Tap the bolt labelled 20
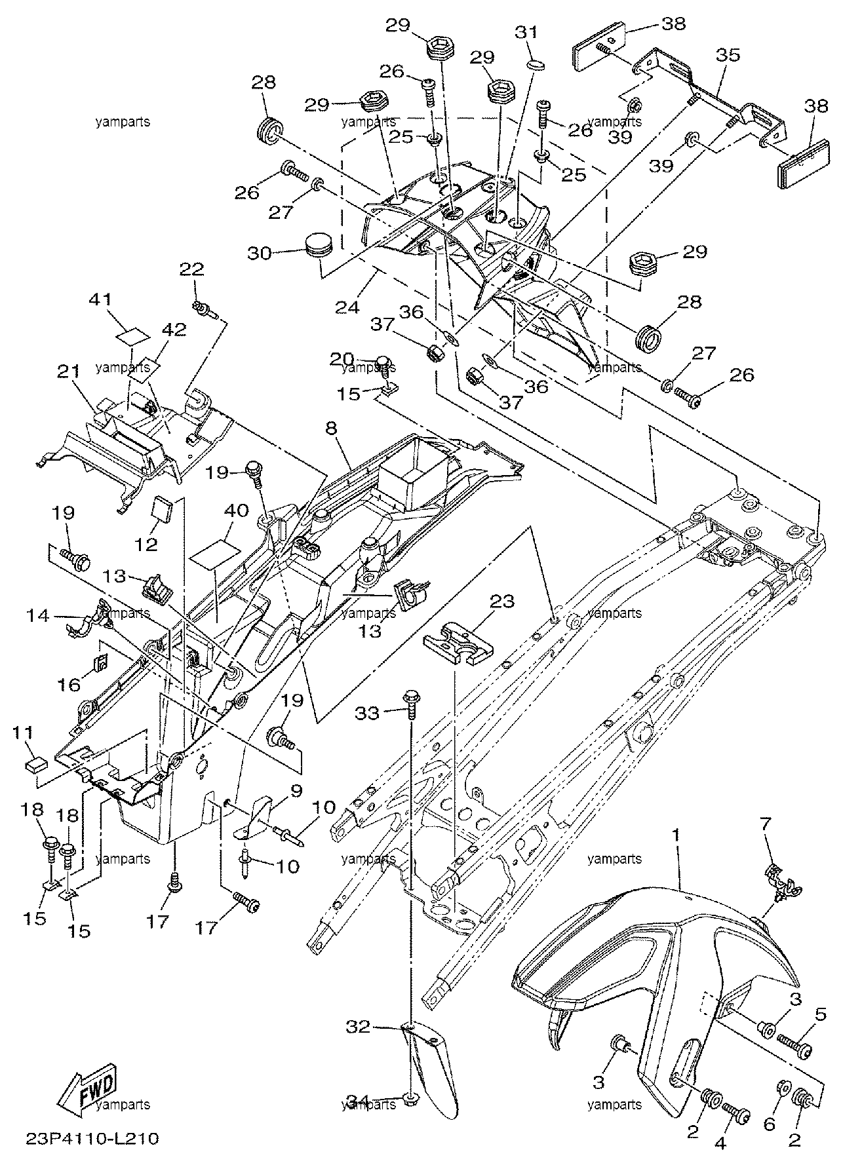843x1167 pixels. point(384,365)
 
